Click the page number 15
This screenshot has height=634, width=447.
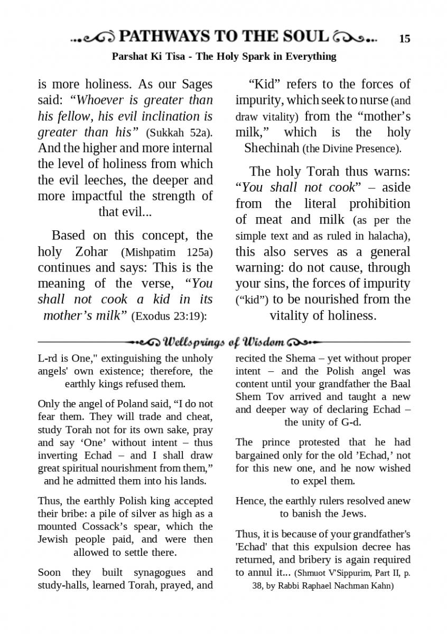click(405, 39)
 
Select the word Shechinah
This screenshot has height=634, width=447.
click(272, 148)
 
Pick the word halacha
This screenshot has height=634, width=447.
click(388, 236)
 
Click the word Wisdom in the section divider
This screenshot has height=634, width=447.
click(265, 342)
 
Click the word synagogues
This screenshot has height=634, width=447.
click(159, 572)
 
